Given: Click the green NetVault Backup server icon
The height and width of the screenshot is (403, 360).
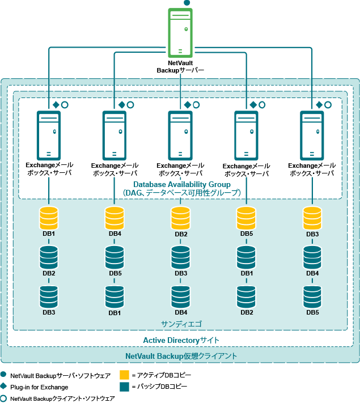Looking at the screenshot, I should point(180,32).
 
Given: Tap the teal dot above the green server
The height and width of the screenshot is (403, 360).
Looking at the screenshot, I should point(187,3).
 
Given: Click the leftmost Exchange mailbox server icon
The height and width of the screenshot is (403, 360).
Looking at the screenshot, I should point(49,134).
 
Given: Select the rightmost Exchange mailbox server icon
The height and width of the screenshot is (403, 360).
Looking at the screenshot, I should point(312,134).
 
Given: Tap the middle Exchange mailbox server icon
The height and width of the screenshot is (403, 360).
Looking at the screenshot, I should point(180,134).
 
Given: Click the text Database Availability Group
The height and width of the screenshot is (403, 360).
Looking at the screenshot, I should point(181,184).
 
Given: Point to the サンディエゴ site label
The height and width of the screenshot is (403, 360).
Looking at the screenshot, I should point(181,324).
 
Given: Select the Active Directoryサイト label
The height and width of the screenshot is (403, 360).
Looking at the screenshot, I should point(181,340).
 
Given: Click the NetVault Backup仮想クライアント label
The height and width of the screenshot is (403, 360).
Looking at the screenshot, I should point(181,356).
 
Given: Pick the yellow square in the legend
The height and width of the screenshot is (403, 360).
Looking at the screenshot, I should point(125,375).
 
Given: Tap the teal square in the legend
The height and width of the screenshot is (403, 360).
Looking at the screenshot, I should point(125,387).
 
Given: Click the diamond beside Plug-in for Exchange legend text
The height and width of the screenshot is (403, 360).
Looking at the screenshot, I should point(5,387).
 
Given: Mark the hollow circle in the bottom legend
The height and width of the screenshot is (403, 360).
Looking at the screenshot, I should point(5,398).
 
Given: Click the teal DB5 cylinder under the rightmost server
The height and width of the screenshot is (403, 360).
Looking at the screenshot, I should point(312,296).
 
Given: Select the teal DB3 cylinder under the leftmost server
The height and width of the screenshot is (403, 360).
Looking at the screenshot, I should point(49,296).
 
